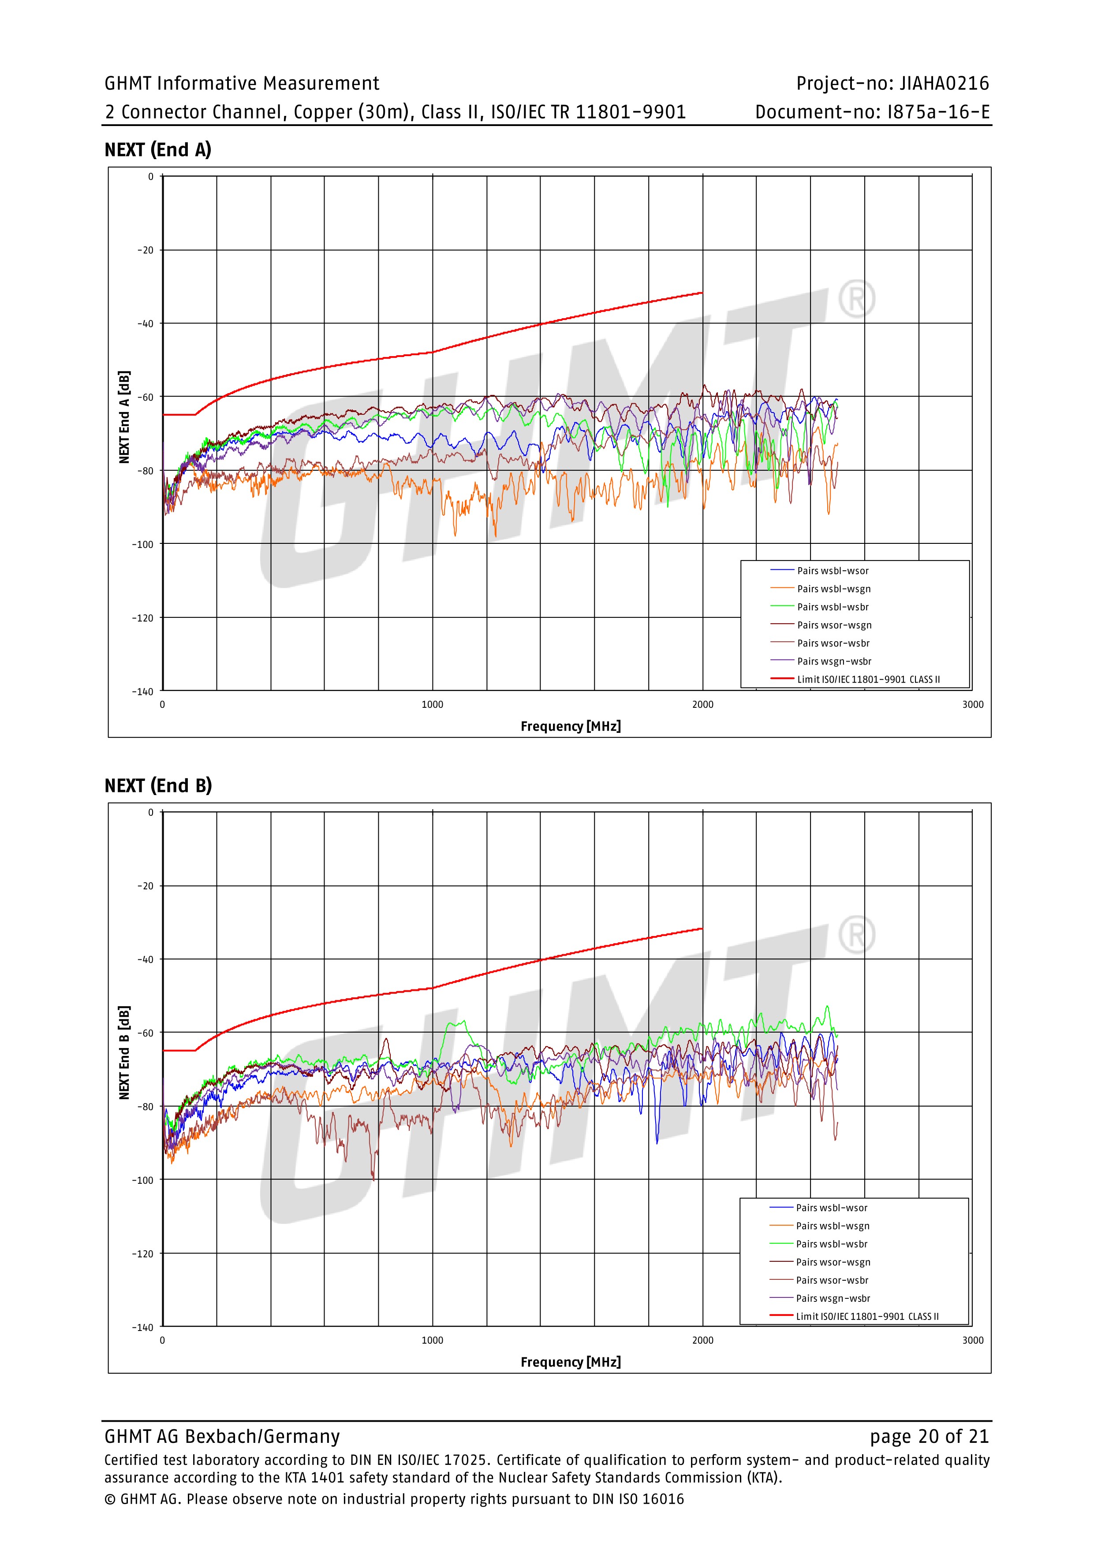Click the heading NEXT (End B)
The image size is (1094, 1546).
(x=157, y=786)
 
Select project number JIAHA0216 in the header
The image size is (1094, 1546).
(x=944, y=83)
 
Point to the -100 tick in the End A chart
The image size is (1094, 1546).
(x=143, y=544)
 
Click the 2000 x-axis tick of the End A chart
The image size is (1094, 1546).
(x=702, y=704)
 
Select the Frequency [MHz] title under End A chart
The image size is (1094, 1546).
(x=571, y=726)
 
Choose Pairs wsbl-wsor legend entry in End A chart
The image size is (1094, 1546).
(x=833, y=570)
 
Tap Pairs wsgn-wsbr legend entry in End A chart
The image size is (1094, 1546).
(x=834, y=661)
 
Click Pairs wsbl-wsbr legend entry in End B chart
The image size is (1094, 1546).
(x=831, y=1244)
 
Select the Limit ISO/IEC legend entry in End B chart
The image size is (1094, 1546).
(x=867, y=1316)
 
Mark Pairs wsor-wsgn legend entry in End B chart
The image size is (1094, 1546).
(x=833, y=1262)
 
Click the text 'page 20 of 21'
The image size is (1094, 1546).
(x=929, y=1436)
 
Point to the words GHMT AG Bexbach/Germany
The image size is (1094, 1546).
(x=222, y=1436)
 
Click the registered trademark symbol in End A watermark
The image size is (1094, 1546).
(x=856, y=300)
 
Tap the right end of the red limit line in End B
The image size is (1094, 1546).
(x=702, y=929)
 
